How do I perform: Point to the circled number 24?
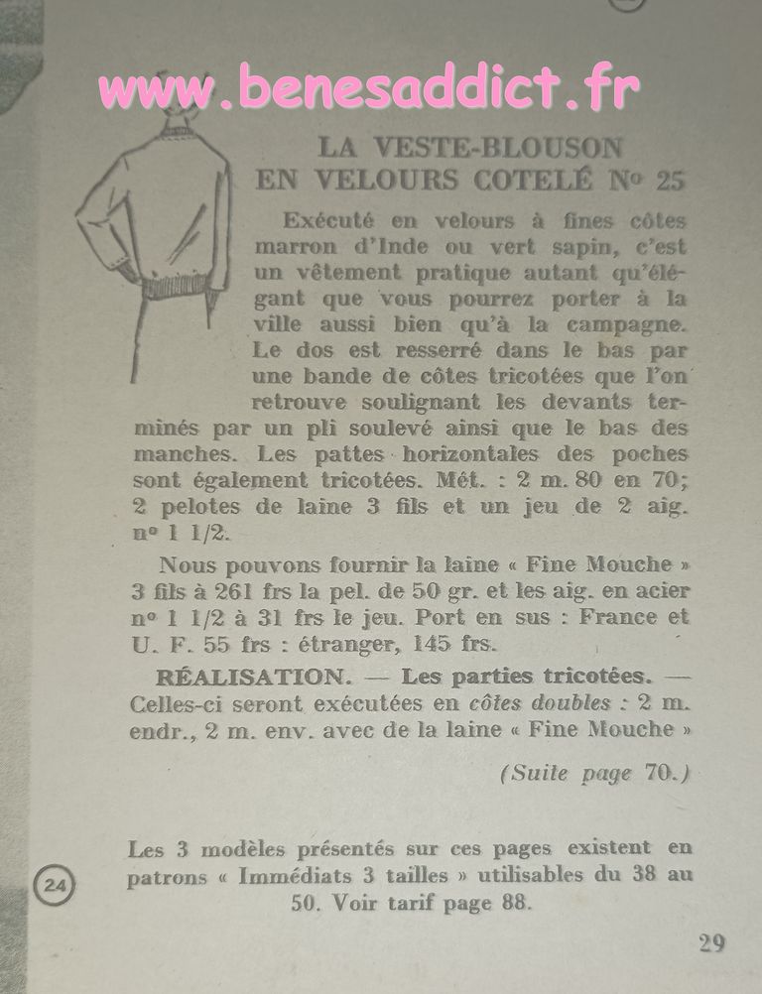52,882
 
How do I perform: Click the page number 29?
710,942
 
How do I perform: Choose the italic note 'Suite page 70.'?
594,773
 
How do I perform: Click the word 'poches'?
650,453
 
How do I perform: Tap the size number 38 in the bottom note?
631,876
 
